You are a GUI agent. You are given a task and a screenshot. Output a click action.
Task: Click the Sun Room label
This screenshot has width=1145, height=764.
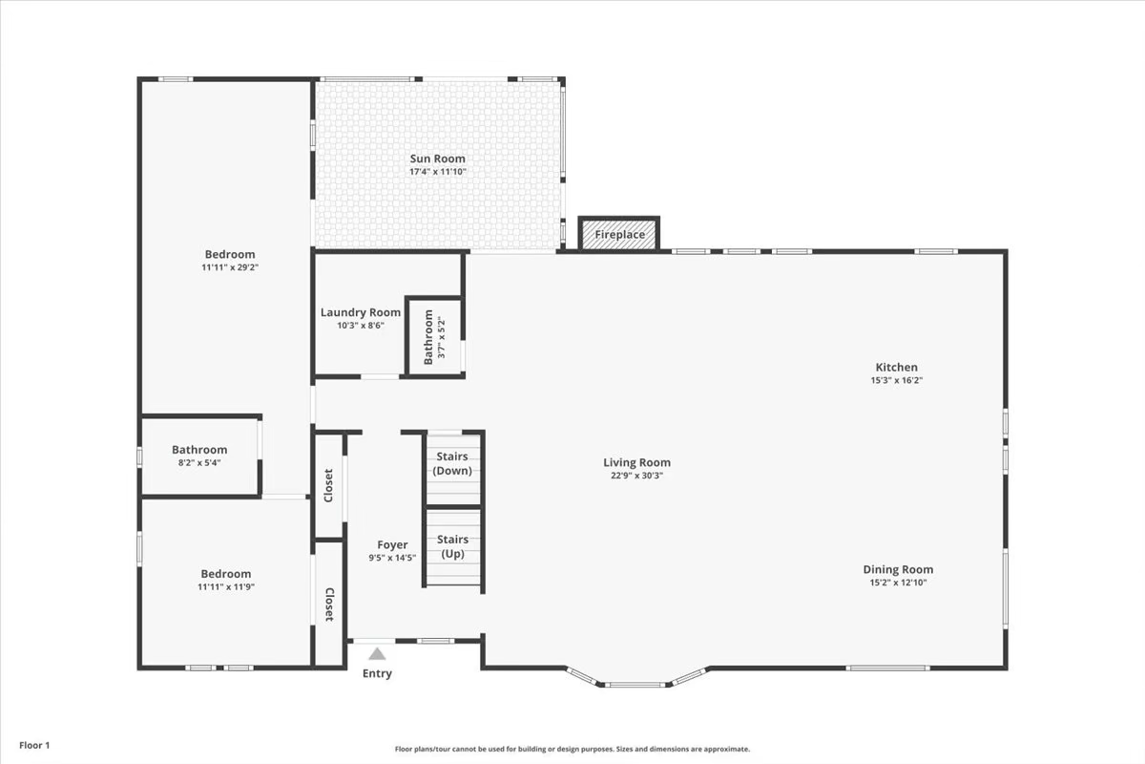438,159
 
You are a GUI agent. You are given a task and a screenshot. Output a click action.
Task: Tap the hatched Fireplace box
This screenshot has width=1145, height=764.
619,234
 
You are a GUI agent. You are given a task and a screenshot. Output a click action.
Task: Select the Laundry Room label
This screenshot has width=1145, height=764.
360,312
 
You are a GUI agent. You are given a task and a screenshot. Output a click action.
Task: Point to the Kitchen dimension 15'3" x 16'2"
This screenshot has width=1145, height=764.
896,380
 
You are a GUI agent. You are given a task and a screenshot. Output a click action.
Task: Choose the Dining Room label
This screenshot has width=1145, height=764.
898,569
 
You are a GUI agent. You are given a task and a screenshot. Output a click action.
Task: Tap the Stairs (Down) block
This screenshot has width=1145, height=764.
452,464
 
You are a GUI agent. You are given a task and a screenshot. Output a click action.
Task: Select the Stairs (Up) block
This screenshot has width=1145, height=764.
452,547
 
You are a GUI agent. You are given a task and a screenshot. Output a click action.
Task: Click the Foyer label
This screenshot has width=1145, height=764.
392,545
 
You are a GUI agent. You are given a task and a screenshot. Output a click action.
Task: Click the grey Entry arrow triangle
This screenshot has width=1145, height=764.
378,654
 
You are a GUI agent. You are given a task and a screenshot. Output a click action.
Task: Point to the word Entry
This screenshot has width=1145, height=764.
377,674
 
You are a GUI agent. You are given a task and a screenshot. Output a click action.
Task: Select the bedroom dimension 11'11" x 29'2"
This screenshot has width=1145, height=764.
230,267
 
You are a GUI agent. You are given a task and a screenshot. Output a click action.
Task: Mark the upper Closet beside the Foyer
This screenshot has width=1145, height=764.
328,485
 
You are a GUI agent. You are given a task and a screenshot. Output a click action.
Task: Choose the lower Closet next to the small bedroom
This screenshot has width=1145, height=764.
328,604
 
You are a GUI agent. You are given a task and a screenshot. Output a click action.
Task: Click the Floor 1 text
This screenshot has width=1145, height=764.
33,745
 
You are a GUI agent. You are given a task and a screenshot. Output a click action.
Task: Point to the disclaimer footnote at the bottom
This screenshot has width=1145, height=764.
572,750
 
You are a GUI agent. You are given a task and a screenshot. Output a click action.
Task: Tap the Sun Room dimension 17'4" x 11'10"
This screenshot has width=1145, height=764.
438,172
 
